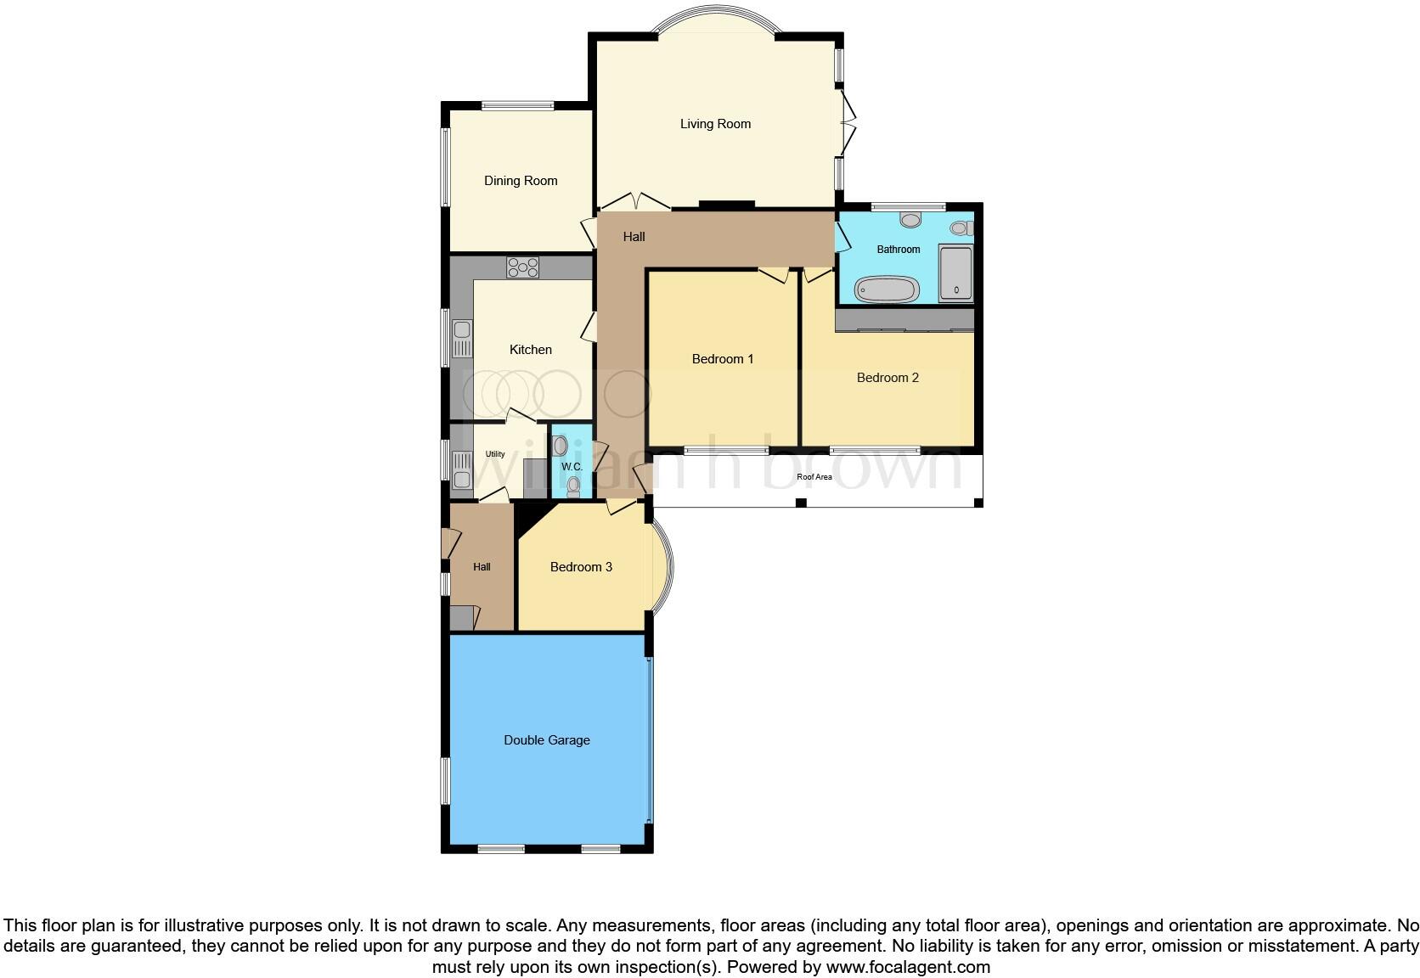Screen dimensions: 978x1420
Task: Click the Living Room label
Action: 715,124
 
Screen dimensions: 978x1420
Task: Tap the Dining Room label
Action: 521,181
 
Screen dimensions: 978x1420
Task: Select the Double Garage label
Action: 547,740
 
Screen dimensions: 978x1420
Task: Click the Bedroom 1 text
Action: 723,359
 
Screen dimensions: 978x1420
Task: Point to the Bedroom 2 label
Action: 887,378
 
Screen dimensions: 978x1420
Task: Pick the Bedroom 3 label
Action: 581,567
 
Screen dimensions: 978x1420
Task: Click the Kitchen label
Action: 531,350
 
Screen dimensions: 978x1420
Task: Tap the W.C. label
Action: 572,467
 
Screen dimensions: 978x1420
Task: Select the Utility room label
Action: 495,454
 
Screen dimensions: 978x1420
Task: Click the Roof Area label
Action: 814,477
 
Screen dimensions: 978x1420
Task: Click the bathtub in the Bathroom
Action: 887,290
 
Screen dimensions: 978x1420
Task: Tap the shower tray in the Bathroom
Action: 956,273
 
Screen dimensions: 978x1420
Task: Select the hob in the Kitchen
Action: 523,267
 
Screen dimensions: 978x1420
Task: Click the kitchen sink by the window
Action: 462,339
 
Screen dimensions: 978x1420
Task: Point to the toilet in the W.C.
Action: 573,486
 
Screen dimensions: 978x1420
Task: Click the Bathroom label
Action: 899,250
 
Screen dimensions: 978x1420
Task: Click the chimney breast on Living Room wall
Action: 726,204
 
